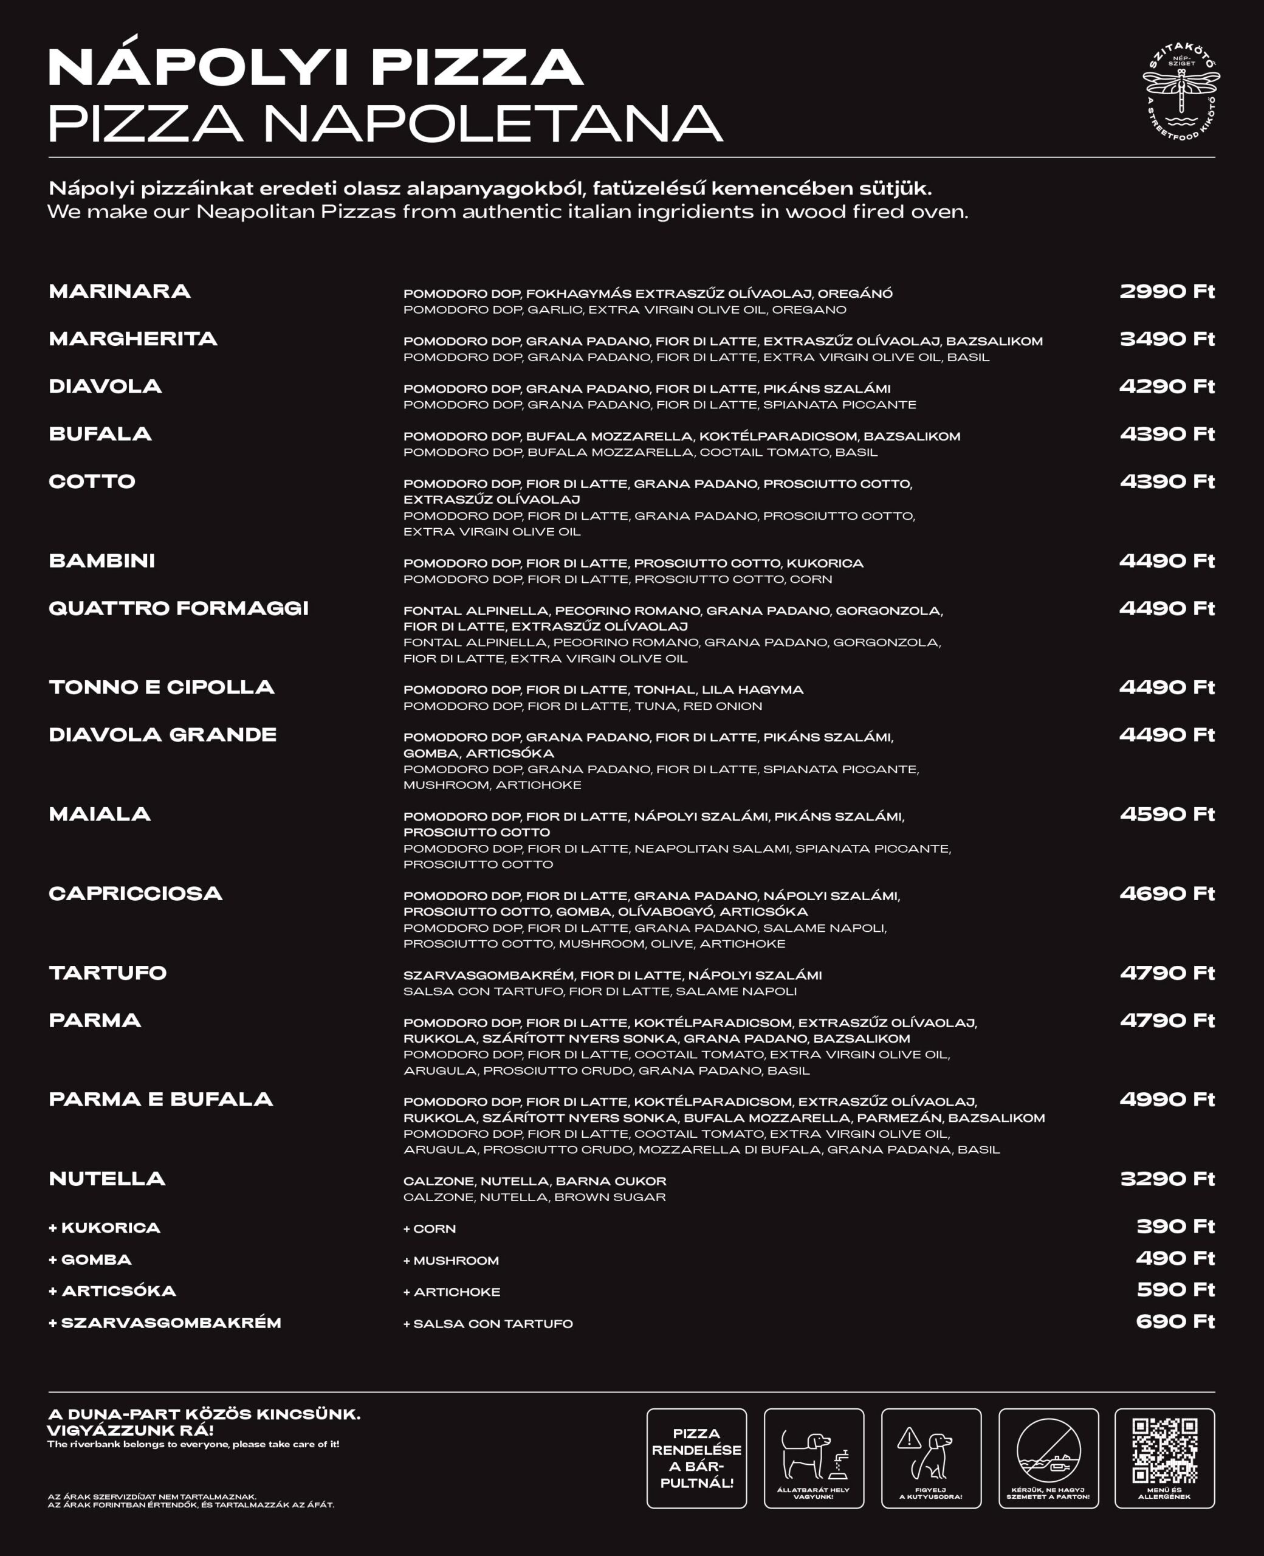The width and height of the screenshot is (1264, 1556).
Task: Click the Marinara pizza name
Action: (119, 291)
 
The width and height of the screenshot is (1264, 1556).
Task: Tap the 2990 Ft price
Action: (1166, 291)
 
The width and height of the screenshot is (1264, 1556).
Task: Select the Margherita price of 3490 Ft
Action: (1166, 339)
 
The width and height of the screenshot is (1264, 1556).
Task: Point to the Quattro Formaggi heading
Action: (179, 608)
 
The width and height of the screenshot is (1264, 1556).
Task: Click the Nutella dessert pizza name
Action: (107, 1178)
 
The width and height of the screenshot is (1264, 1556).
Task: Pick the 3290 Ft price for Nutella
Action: (1166, 1178)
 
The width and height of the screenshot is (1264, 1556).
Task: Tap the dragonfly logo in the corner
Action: (1180, 91)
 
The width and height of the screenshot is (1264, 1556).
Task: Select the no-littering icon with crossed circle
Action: (1048, 1451)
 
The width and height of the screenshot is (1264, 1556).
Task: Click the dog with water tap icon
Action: (813, 1454)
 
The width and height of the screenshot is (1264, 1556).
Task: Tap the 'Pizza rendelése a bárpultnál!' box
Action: (696, 1458)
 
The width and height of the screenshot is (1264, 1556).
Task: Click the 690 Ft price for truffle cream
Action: (1175, 1321)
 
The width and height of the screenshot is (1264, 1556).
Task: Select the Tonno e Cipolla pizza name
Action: (162, 687)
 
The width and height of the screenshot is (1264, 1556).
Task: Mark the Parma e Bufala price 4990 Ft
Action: (1166, 1099)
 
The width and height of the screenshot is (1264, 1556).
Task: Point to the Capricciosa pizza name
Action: (136, 893)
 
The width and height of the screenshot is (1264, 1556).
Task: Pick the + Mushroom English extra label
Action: (451, 1261)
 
